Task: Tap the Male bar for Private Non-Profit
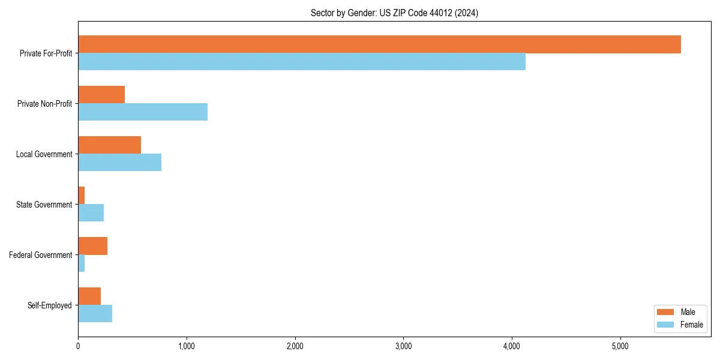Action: click(x=101, y=95)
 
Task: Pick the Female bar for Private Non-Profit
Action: click(x=143, y=112)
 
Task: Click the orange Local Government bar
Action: click(x=109, y=145)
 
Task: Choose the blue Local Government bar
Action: click(x=119, y=163)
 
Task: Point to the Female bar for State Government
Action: click(x=91, y=213)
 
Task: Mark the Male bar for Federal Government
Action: click(x=92, y=246)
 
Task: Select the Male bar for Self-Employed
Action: click(x=89, y=296)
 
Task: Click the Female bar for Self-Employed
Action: click(x=95, y=314)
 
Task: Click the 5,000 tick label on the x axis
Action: click(x=620, y=346)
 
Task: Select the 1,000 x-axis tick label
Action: click(x=186, y=346)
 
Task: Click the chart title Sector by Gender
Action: click(x=394, y=13)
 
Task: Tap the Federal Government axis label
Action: click(x=41, y=255)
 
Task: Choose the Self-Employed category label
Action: click(x=49, y=305)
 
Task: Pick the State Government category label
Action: click(x=44, y=205)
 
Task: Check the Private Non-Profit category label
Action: click(x=44, y=104)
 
